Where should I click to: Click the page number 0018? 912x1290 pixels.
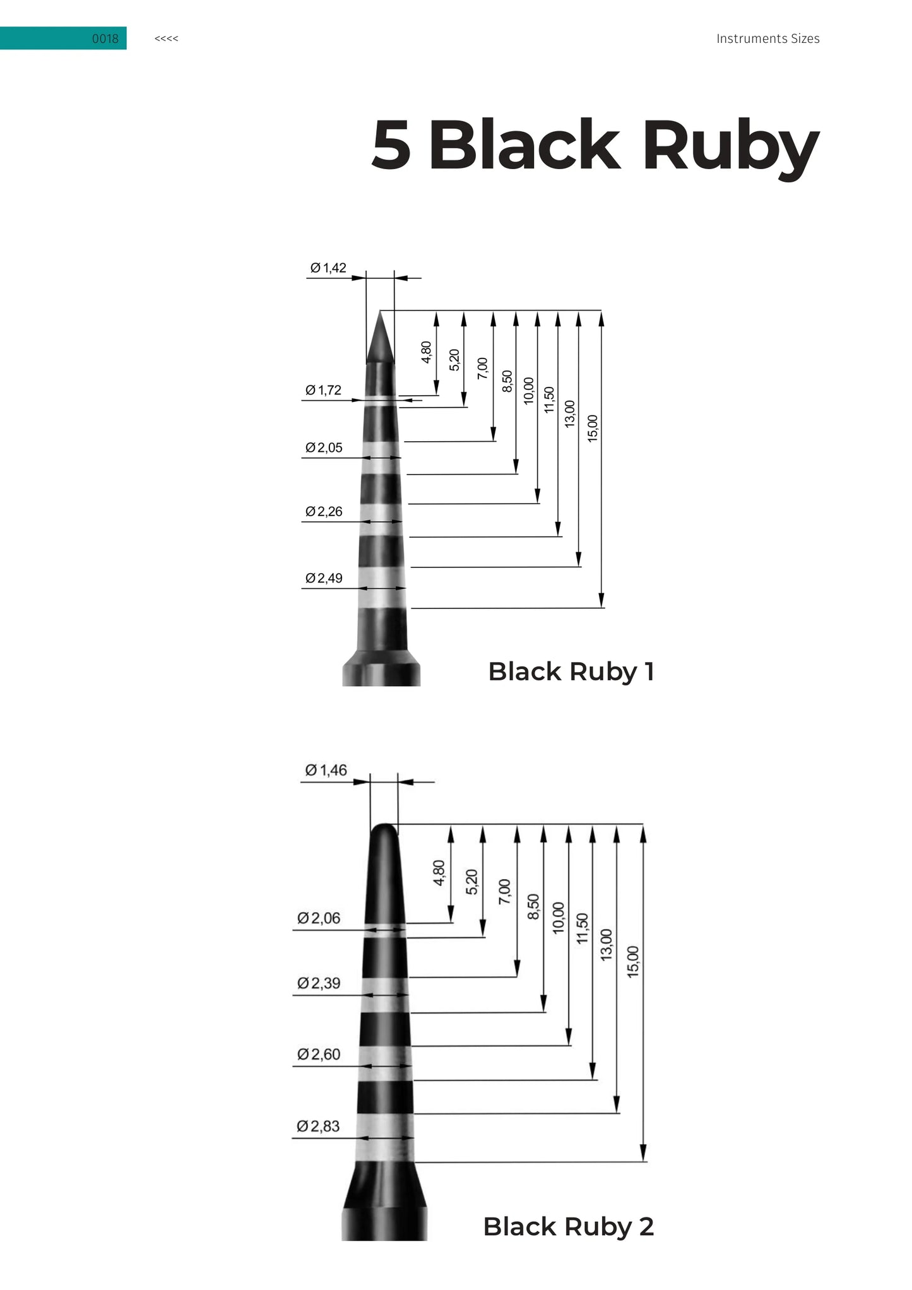(x=105, y=38)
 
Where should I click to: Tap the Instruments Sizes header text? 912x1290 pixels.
(x=767, y=38)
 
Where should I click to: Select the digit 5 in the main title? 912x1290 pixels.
(x=391, y=145)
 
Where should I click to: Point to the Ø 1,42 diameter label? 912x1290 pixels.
(x=328, y=268)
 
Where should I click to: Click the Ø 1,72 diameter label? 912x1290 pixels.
(x=323, y=390)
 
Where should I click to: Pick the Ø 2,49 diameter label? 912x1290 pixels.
(x=324, y=578)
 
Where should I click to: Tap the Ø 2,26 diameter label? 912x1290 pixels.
(x=324, y=511)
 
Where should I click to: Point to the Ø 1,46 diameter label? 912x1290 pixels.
(x=326, y=770)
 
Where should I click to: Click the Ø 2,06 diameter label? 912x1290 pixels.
(x=319, y=918)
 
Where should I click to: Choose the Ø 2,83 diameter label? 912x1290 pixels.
(x=318, y=1126)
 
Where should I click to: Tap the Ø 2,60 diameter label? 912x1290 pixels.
(x=319, y=1054)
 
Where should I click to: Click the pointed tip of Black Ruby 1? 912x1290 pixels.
(x=380, y=311)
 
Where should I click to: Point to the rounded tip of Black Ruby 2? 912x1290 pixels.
(x=384, y=825)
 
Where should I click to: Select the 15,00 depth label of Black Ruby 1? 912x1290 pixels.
(x=592, y=428)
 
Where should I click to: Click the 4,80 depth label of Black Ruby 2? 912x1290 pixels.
(x=439, y=873)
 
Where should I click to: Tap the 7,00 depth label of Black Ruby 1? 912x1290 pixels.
(x=482, y=369)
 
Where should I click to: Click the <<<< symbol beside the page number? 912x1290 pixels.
(x=166, y=38)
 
